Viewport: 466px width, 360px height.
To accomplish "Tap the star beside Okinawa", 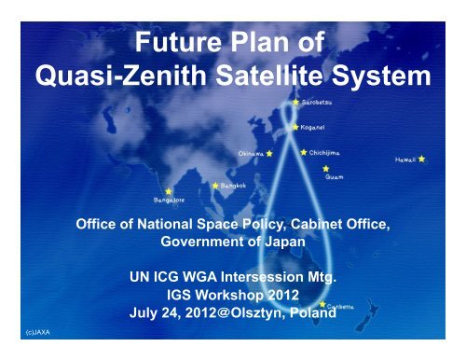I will coord(269,149).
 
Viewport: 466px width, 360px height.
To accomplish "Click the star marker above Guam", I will coord(325,169).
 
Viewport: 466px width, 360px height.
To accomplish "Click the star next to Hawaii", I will coord(422,159).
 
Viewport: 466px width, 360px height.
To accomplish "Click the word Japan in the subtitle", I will coord(279,240).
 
